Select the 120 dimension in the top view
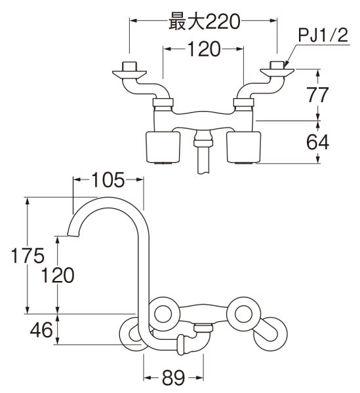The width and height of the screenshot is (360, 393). click(203, 48)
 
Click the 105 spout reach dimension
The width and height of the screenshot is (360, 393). click(106, 179)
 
